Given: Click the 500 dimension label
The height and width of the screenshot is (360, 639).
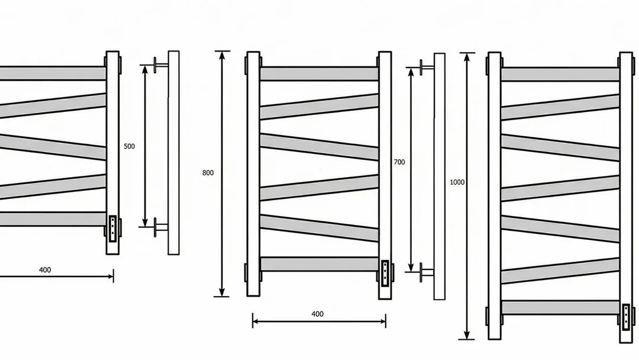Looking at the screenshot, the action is pos(129,146).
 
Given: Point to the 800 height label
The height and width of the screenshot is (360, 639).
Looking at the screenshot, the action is pos(208,173).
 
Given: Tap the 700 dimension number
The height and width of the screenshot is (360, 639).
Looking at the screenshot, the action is pos(399,162).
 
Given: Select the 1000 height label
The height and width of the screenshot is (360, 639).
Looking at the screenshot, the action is pos(457,182).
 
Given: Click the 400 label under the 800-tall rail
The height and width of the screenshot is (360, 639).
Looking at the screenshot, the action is pos(318,314).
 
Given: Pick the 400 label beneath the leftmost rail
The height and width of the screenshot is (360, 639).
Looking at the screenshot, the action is pos(45,270).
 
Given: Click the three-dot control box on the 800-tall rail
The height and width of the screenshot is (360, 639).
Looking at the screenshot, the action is pos(385,272).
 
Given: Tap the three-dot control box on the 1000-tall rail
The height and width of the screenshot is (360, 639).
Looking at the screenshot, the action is pos(626,316).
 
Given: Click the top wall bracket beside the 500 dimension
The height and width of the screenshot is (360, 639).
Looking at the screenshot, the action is pos(160,65).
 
